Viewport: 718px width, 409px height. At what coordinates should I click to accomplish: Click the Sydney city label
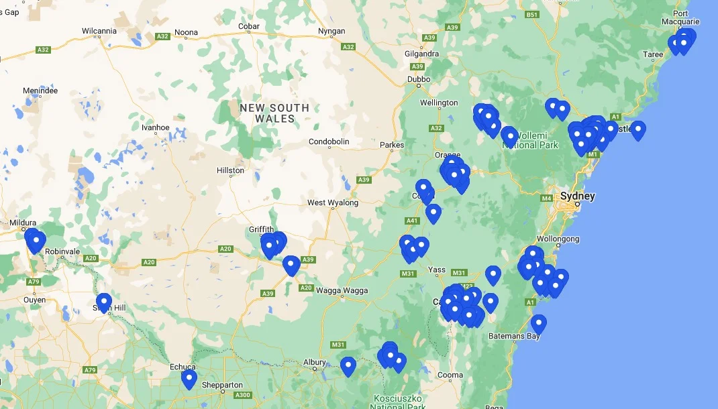coord(577,196)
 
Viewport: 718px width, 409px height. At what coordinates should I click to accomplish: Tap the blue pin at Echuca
coord(189,379)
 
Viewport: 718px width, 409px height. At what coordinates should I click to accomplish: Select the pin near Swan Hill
coord(103,302)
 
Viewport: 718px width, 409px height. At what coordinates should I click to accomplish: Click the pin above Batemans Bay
coord(538,324)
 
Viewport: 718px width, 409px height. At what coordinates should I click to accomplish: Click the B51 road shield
coord(532,14)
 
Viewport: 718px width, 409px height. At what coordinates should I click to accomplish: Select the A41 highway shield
coord(412,221)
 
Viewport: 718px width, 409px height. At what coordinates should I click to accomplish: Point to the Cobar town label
coord(249,27)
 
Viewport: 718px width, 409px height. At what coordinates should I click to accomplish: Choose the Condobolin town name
coord(329,142)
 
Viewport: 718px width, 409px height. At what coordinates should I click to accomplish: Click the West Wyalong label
coord(333,202)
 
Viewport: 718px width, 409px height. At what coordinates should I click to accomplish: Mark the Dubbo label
coord(419,80)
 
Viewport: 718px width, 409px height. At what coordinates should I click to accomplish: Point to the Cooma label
coord(450,375)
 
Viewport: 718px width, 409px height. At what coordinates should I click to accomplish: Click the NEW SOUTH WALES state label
coord(274,113)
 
